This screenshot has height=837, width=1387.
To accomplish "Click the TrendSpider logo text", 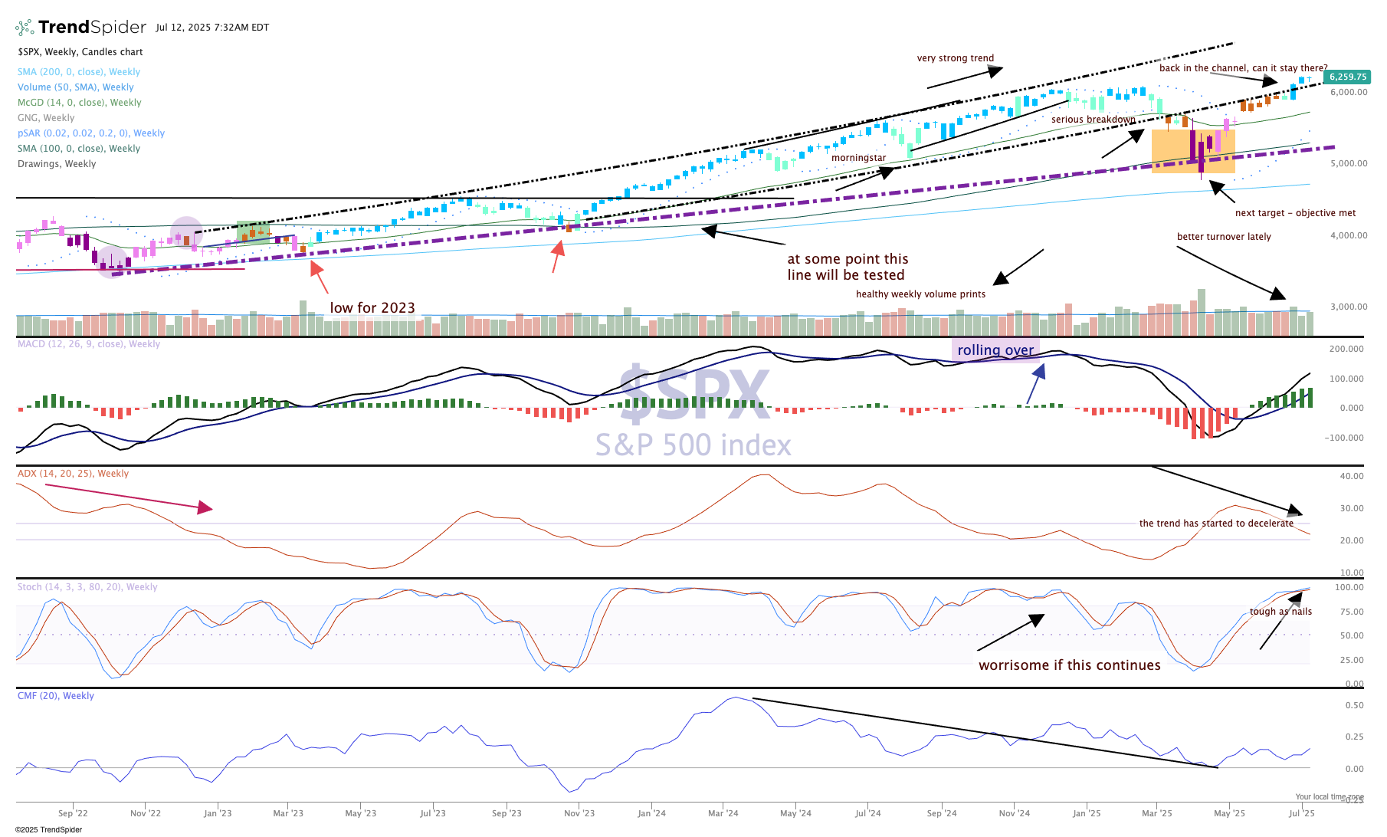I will click(91, 28).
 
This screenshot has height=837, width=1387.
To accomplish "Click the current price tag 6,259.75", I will click(1348, 77).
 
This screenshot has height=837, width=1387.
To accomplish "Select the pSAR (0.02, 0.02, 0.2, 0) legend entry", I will click(91, 133).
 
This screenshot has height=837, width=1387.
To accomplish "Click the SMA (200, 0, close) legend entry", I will click(79, 72).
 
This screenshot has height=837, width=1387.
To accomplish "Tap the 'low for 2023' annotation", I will click(372, 308).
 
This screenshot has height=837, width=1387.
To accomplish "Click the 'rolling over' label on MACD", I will click(995, 350).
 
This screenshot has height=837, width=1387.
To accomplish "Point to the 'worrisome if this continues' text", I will click(1069, 665).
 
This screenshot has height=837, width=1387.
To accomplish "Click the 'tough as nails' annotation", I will click(1280, 612).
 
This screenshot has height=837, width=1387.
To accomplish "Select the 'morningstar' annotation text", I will click(858, 158).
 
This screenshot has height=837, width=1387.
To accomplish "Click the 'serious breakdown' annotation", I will click(1093, 120).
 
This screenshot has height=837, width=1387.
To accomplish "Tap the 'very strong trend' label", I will click(955, 58).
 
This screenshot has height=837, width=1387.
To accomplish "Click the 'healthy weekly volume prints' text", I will click(920, 294).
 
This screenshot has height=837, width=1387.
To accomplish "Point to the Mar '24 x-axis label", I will click(723, 813).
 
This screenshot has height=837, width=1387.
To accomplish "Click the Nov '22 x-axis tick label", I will click(146, 813).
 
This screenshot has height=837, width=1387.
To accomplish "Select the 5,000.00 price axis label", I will click(1349, 163).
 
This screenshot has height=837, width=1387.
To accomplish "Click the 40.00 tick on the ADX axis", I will click(1352, 476).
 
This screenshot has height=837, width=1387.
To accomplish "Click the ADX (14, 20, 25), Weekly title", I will click(73, 474).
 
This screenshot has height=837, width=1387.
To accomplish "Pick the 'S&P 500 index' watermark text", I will click(693, 445).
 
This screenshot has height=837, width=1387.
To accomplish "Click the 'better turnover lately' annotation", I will click(1224, 237).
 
